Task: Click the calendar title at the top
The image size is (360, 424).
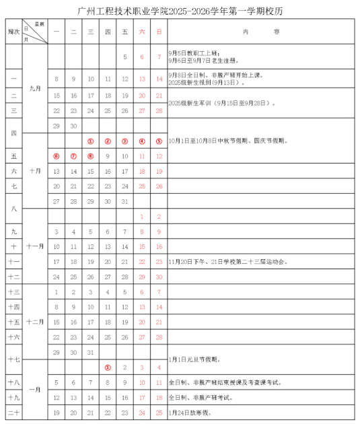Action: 180,9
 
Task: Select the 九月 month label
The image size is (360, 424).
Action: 35,87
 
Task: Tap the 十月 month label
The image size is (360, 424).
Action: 35,171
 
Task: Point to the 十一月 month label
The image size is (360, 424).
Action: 35,246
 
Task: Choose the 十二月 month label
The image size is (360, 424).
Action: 35,322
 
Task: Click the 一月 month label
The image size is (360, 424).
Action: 35,390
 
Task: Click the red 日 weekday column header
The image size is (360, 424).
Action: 159,32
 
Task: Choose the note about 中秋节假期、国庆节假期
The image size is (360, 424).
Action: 229,141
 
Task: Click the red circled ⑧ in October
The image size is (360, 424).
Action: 91,156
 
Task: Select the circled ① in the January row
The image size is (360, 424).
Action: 108,367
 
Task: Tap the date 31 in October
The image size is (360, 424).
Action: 125,201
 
